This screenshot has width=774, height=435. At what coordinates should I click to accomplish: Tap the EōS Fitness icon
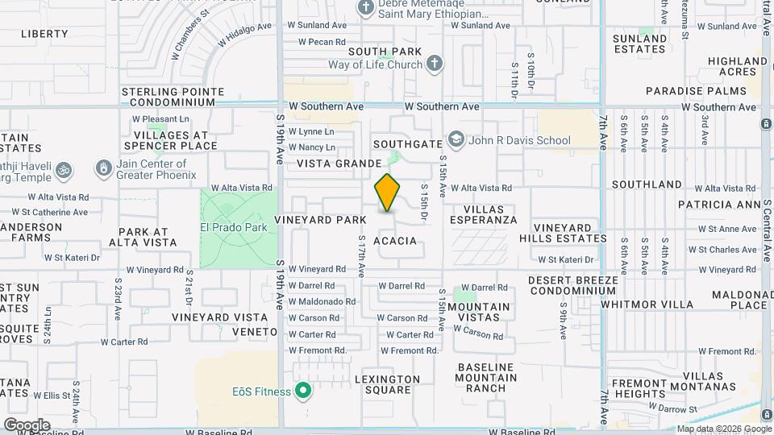303,392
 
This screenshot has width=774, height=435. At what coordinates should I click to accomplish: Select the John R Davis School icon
456,140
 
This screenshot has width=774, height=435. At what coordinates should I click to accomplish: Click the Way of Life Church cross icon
435,64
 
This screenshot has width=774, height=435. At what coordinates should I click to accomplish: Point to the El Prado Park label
233,227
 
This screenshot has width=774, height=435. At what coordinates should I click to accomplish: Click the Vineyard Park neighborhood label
320,219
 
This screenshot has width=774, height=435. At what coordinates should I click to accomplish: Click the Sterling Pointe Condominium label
169,97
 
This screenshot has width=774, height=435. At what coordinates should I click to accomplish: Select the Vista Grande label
338,164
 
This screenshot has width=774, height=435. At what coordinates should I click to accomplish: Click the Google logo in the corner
27,425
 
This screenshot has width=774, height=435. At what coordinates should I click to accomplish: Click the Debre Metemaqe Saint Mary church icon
366,8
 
